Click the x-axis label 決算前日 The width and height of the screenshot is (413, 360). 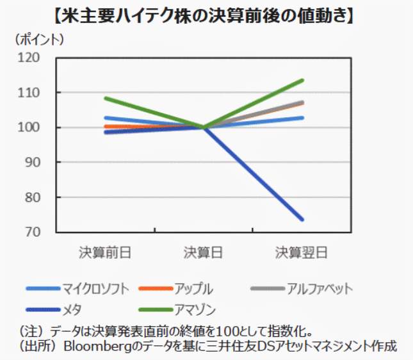[x=105, y=252]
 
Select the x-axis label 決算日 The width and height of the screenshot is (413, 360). [x=204, y=252]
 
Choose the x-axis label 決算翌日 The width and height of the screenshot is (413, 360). [x=302, y=252]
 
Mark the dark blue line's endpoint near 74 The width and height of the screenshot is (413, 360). [x=302, y=220]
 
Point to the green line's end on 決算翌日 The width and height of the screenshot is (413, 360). [x=302, y=80]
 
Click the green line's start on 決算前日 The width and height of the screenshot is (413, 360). [x=105, y=98]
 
